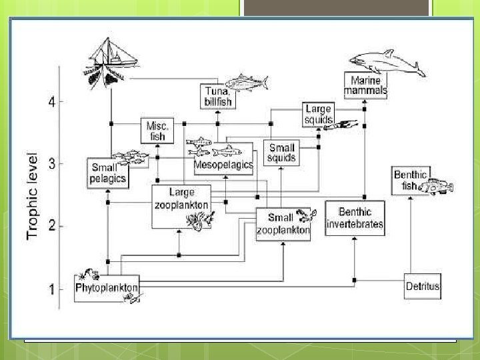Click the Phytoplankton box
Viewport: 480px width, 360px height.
pos(107,288)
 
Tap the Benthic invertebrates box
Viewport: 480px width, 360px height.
pos(355,218)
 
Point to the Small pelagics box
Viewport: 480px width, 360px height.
pos(107,173)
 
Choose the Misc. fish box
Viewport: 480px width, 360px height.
pos(158,130)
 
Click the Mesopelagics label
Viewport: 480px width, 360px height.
pos(223,164)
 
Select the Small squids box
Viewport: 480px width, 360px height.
pos(281,153)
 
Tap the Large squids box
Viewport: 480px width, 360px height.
pos(317,115)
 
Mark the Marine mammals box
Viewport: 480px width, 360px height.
pos(365,85)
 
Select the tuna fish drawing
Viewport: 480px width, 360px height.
pos(247,83)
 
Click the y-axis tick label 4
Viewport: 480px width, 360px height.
pos(51,102)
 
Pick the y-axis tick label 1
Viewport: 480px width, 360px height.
pos(51,289)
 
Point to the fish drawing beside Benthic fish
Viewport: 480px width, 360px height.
pos(439,187)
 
